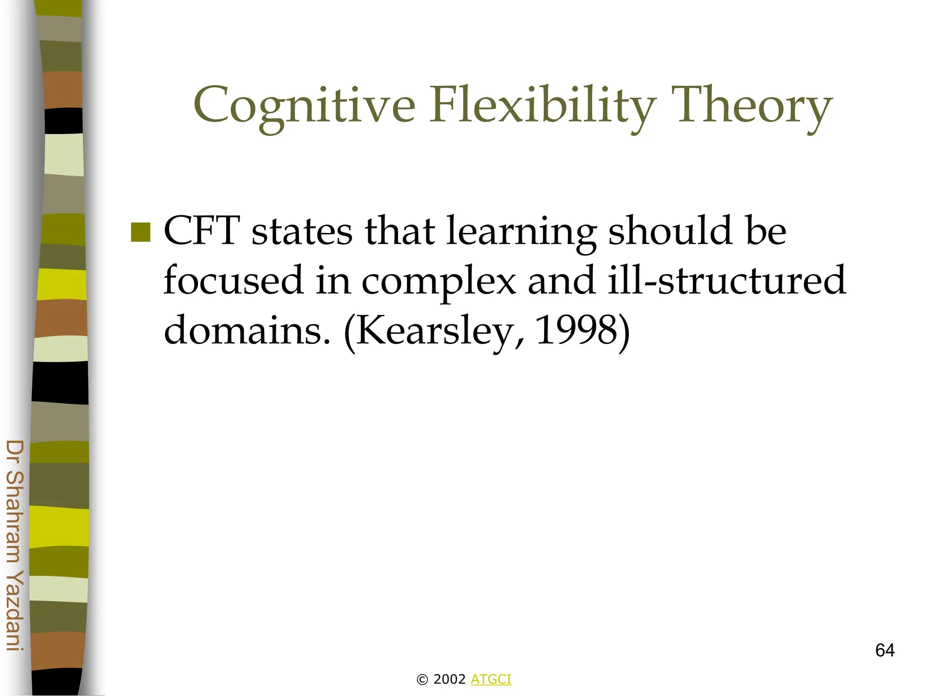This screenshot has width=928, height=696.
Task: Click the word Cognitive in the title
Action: pyautogui.click(x=304, y=105)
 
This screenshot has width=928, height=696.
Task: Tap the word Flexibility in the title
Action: pyautogui.click(x=542, y=105)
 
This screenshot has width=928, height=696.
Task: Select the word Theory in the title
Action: pyautogui.click(x=752, y=105)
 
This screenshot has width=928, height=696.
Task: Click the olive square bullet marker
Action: pyautogui.click(x=140, y=232)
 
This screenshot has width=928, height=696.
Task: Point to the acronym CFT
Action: pyautogui.click(x=202, y=231)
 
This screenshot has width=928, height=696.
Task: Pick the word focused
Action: pyautogui.click(x=233, y=280)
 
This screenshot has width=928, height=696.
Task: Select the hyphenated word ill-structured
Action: pyautogui.click(x=726, y=280)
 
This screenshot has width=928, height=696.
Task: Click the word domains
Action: pyautogui.click(x=247, y=330)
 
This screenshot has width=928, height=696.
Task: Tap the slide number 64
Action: pyautogui.click(x=884, y=650)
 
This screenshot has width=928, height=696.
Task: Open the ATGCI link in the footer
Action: pyautogui.click(x=491, y=679)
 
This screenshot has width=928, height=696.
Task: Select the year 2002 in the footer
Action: pyautogui.click(x=449, y=679)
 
